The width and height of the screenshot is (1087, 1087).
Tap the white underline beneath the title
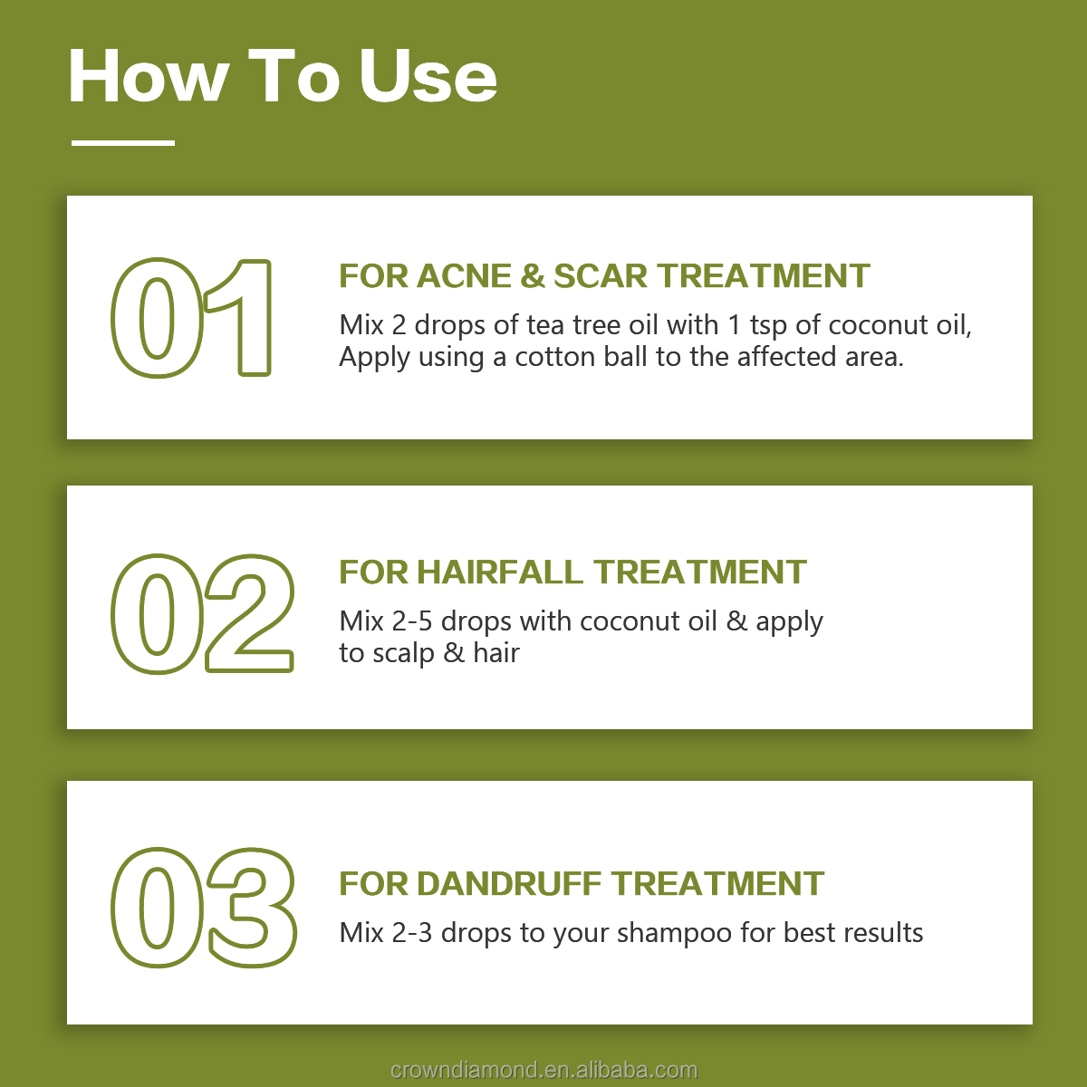tap(123, 143)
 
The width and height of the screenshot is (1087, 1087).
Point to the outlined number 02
tap(203, 614)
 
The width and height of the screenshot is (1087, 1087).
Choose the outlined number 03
tap(204, 908)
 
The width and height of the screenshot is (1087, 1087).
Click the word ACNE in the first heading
tap(465, 276)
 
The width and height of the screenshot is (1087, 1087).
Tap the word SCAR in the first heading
tap(601, 276)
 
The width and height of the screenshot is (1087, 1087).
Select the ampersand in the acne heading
tap(533, 276)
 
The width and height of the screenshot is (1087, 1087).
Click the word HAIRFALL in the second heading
tap(500, 572)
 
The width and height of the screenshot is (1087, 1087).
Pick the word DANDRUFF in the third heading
tap(509, 884)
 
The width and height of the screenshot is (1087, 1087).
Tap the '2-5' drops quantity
tap(412, 621)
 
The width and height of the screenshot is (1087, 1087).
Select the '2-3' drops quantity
tap(412, 933)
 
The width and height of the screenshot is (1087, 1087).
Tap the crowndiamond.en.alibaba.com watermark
tap(543, 1070)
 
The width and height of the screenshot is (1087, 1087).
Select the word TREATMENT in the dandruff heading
tap(717, 884)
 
